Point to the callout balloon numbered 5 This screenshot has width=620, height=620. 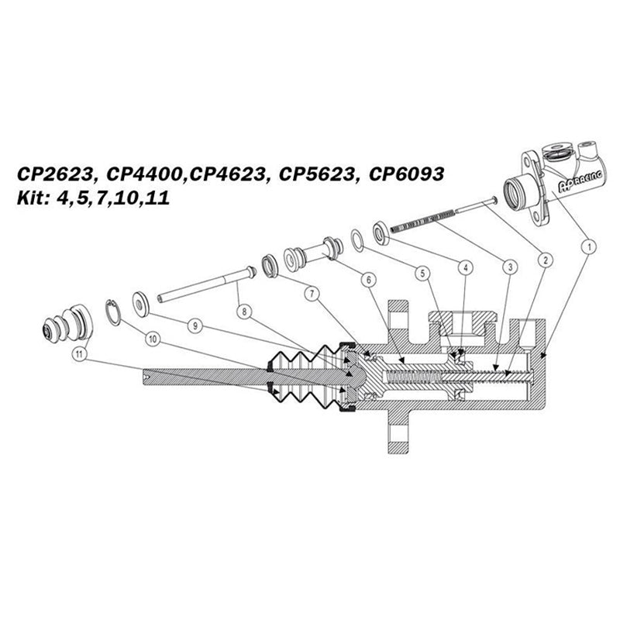[422, 272]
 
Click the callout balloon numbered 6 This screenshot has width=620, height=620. [367, 280]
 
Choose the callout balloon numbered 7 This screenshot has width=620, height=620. [311, 294]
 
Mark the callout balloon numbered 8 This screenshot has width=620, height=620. [247, 312]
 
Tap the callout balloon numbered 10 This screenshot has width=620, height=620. [150, 339]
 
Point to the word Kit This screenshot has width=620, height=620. [31, 198]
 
